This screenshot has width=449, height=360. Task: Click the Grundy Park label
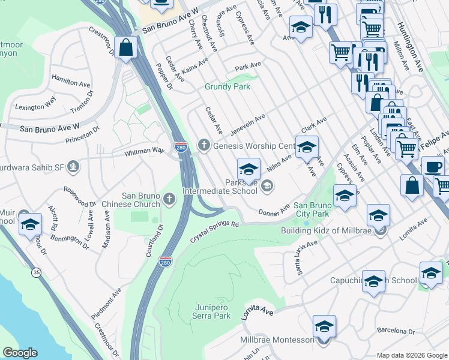(227, 86)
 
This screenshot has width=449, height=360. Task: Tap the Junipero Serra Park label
(212, 311)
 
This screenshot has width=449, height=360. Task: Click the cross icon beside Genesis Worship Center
(203, 145)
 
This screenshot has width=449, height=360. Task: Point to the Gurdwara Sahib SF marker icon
(73, 166)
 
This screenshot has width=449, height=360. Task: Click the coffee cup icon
(432, 166)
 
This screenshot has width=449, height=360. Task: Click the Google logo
(20, 353)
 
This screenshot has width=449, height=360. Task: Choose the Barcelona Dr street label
(396, 331)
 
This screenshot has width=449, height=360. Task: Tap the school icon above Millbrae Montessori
(324, 326)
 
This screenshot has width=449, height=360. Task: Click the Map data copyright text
(411, 355)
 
